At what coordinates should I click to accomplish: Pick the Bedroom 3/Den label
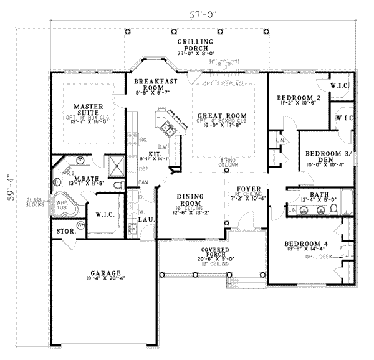tap(328, 156)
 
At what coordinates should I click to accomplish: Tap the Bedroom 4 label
tap(302, 244)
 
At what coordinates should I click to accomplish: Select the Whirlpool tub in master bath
tap(64, 208)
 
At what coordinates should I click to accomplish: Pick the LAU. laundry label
tap(147, 220)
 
